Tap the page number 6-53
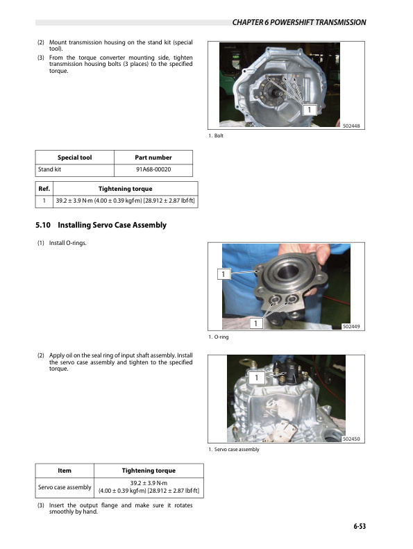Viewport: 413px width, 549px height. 357,527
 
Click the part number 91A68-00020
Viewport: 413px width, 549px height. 153,169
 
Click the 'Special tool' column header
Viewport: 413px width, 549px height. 74,158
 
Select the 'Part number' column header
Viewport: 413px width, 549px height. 153,158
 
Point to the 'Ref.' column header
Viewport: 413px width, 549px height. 44,189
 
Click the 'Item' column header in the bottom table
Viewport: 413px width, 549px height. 64,470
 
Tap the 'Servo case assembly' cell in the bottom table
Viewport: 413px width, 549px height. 64,487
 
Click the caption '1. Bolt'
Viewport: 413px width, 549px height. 217,136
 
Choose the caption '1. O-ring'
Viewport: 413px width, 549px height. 219,337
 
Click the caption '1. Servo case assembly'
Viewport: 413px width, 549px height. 234,450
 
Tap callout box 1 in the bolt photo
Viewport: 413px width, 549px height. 308,110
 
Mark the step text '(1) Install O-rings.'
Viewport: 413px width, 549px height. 62,243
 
